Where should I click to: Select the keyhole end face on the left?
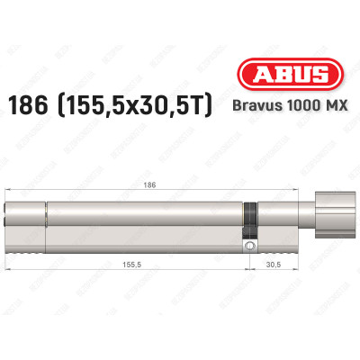[x=9, y=218]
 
